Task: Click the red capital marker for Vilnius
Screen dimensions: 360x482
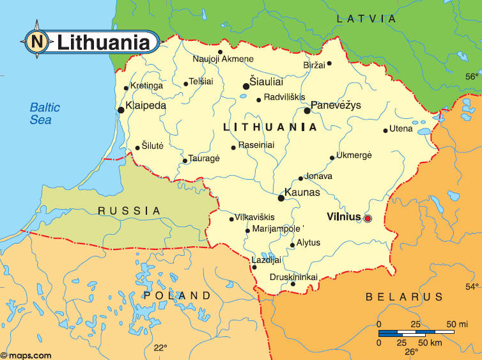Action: pyautogui.click(x=368, y=219)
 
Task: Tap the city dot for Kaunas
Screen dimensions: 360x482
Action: pyautogui.click(x=281, y=198)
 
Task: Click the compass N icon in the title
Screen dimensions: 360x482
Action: pyautogui.click(x=36, y=42)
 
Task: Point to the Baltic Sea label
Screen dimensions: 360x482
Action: pyautogui.click(x=45, y=113)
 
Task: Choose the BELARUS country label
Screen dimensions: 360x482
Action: pyautogui.click(x=404, y=297)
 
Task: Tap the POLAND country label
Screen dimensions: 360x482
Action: pyautogui.click(x=177, y=295)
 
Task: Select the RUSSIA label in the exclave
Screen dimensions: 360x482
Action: pyautogui.click(x=129, y=210)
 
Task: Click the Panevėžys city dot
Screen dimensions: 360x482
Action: pyautogui.click(x=307, y=111)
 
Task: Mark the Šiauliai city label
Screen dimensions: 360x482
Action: pyautogui.click(x=267, y=82)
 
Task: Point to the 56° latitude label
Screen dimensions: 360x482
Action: pyautogui.click(x=471, y=76)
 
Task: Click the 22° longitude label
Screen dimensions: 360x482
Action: pyautogui.click(x=160, y=348)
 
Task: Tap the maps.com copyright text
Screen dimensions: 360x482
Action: pyautogui.click(x=26, y=355)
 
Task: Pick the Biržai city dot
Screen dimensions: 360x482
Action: pyautogui.click(x=329, y=63)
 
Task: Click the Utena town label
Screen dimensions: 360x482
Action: pyautogui.click(x=401, y=129)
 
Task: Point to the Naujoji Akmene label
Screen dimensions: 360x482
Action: pyautogui.click(x=223, y=59)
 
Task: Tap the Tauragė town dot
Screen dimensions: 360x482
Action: pyautogui.click(x=185, y=160)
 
